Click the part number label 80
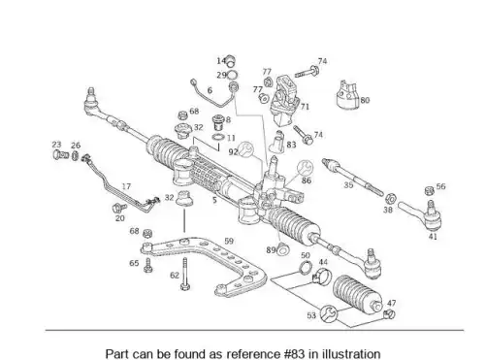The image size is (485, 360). [365, 100]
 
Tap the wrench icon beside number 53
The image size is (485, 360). [329, 313]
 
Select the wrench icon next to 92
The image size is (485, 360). [246, 149]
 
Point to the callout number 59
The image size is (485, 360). [229, 241]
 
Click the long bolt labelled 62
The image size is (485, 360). [185, 274]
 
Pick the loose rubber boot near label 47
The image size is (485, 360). [358, 294]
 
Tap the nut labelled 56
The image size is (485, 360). [429, 191]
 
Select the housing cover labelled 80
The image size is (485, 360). [346, 95]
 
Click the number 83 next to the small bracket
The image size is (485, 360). [291, 145]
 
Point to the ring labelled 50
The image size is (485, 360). [305, 267]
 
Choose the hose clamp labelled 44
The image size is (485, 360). [322, 277]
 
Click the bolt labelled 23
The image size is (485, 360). [60, 154]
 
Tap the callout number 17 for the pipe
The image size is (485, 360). [126, 186]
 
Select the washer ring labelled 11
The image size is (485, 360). [218, 137]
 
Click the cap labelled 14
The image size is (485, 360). [230, 60]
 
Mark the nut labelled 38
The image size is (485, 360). [391, 198]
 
